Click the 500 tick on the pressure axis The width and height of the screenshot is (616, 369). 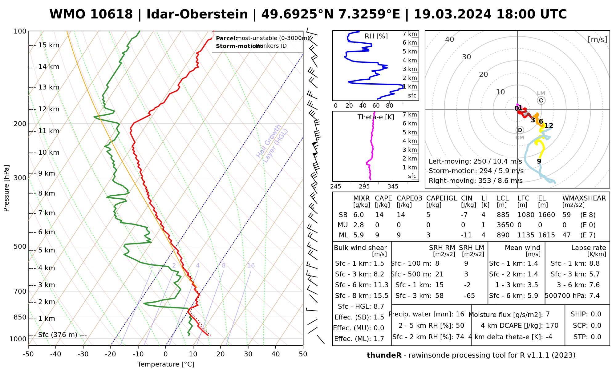(20, 246)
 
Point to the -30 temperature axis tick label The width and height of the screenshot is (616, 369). (83, 354)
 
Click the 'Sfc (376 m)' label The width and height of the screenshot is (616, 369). (58, 335)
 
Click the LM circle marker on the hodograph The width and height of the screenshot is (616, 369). (541, 101)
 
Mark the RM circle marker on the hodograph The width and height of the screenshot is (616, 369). (520, 130)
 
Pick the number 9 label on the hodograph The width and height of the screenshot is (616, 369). (539, 161)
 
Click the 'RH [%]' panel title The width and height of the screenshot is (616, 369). (376, 36)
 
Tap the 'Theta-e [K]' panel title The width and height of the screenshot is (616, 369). (376, 117)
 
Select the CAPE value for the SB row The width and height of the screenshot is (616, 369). (379, 215)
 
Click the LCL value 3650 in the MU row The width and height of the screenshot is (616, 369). (505, 225)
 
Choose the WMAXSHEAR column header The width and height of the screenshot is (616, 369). (584, 198)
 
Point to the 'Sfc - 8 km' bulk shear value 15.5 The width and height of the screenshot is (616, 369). (381, 296)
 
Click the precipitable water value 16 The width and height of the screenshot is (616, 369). (460, 314)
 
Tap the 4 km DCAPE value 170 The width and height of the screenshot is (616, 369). (552, 326)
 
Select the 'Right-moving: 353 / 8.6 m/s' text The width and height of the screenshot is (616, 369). (476, 181)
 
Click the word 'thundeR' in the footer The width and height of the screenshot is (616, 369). (384, 355)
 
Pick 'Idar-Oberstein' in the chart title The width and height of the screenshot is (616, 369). (197, 14)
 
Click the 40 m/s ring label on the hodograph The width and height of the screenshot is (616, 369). (450, 39)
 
